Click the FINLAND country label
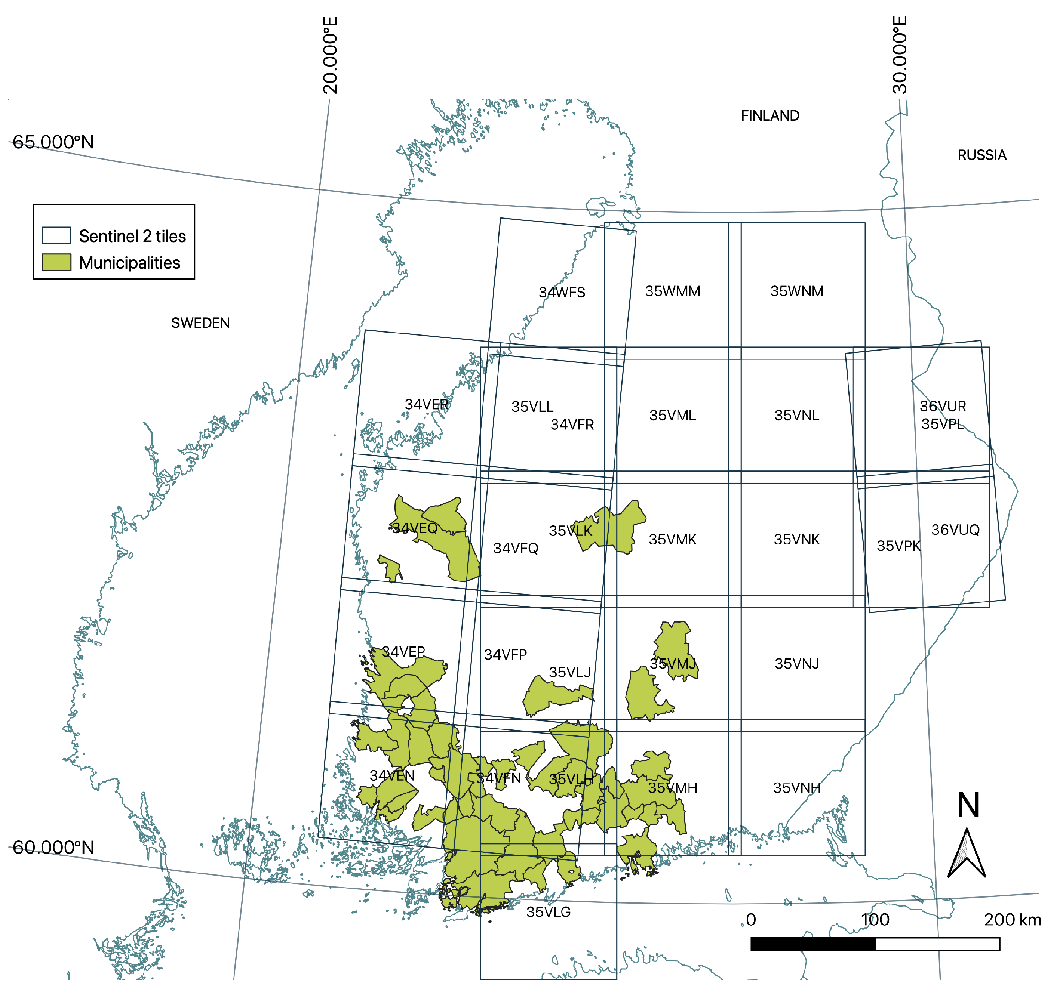[769, 116]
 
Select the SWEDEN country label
[200, 323]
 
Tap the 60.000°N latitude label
[53, 848]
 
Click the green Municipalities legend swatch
[56, 262]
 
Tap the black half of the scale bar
[813, 944]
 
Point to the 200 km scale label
[1012, 920]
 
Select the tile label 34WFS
[562, 293]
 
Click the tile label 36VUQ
[955, 530]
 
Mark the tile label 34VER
[426, 404]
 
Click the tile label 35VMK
[672, 540]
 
